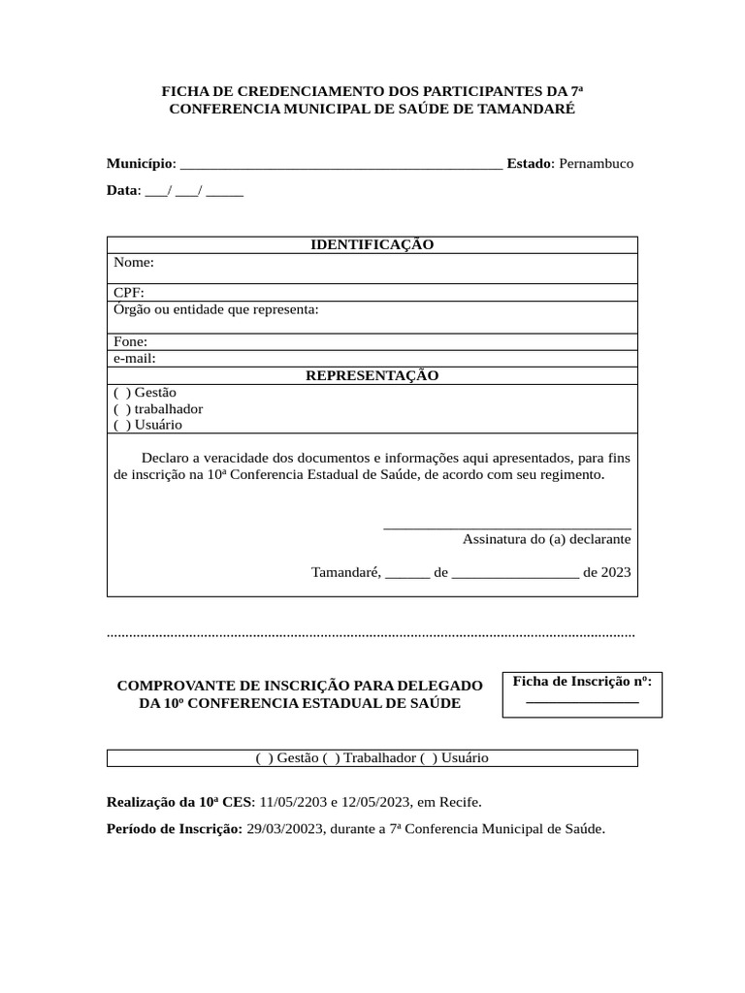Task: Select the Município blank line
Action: (x=341, y=165)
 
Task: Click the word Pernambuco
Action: (x=596, y=163)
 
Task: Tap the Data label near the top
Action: (x=122, y=190)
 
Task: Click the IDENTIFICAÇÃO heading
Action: (x=372, y=244)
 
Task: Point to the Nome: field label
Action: (x=134, y=262)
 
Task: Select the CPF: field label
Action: (x=130, y=293)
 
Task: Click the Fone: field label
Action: (x=131, y=341)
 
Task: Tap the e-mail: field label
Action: (x=135, y=358)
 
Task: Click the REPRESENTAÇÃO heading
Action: (x=372, y=375)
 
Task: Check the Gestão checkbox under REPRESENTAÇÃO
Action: (x=122, y=393)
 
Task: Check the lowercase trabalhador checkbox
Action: (x=122, y=409)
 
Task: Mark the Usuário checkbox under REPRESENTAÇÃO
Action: (x=122, y=425)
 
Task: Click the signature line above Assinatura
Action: (x=507, y=527)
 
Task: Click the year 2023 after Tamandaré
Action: (x=616, y=572)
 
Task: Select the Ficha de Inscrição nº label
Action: (x=582, y=681)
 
